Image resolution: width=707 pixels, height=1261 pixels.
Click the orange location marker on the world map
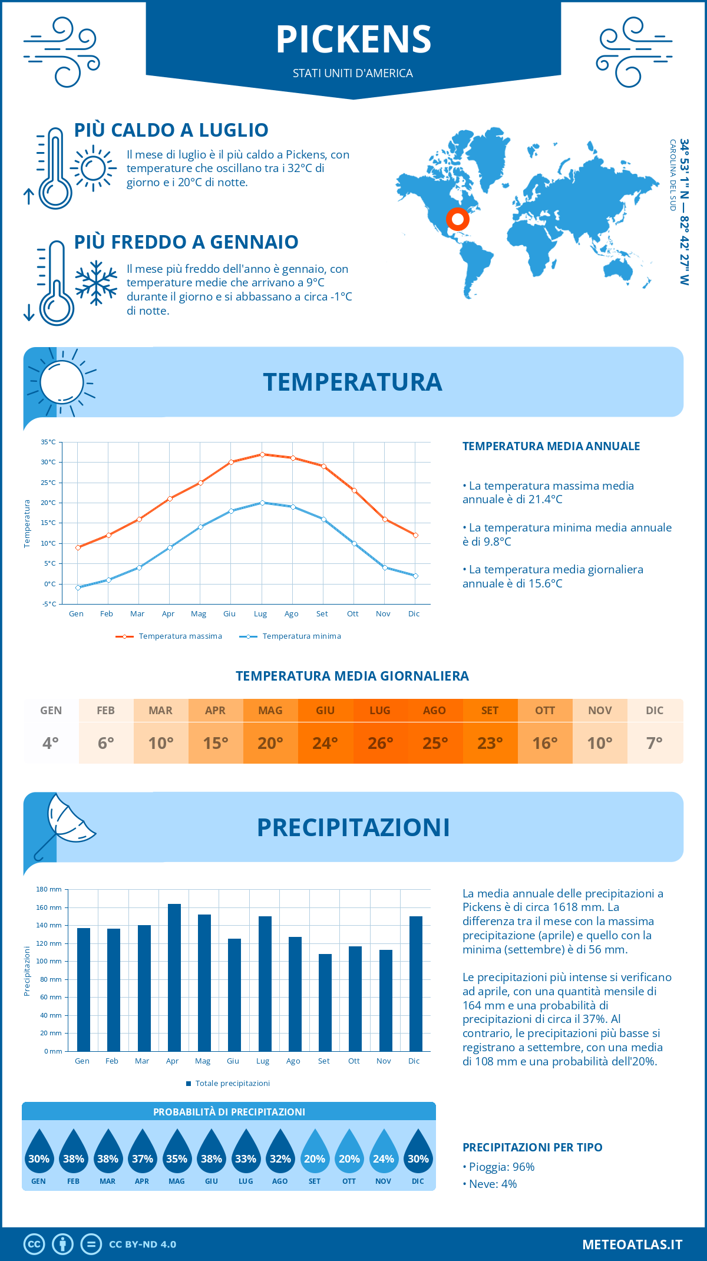[457, 219]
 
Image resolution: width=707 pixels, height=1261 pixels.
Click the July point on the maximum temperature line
[262, 454]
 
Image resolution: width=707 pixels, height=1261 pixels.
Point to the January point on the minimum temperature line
[78, 587]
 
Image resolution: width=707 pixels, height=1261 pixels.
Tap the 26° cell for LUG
[380, 743]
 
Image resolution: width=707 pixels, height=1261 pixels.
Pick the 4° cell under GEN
[51, 743]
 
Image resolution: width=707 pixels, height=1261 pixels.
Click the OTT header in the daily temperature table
[545, 711]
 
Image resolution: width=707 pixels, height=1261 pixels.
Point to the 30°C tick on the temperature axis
[48, 463]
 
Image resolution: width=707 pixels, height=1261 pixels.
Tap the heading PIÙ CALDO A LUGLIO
[171, 130]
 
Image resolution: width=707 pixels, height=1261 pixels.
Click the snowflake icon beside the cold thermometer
[96, 283]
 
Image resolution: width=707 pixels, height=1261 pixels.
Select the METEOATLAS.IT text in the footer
[632, 1245]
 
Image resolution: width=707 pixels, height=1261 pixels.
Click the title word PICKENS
[353, 39]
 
